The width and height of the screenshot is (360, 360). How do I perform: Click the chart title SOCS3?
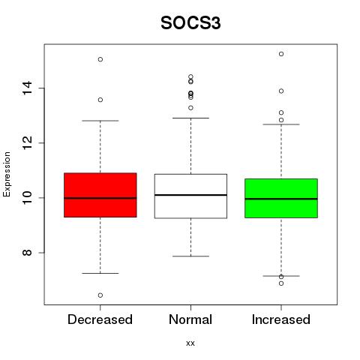(x=190, y=23)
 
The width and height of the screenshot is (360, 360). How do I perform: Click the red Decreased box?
(x=100, y=195)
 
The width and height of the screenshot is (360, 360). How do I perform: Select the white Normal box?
(x=190, y=196)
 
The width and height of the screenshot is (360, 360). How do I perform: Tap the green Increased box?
(x=281, y=198)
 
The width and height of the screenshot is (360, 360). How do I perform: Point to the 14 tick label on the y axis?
(x=27, y=88)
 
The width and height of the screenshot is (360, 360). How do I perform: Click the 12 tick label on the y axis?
(x=27, y=142)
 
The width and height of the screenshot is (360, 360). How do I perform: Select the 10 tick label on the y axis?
(x=27, y=197)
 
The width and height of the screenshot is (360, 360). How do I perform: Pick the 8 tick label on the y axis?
(x=27, y=252)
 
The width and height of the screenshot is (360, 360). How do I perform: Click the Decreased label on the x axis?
(x=100, y=319)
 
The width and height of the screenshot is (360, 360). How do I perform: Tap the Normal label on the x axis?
(x=190, y=319)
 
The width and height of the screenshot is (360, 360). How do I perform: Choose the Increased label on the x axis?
(x=281, y=319)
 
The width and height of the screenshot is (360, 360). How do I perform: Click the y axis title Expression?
(x=7, y=174)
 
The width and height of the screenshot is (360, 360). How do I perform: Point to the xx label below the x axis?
(x=190, y=343)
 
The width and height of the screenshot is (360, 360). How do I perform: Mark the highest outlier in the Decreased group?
(x=100, y=59)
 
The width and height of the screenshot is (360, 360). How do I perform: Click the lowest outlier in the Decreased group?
(x=100, y=295)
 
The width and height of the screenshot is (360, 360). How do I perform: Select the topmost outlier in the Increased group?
(x=281, y=54)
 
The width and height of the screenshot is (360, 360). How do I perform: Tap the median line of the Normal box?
(x=190, y=195)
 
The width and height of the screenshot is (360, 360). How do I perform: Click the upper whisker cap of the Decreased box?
(x=100, y=121)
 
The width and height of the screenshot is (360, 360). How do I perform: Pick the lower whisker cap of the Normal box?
(x=190, y=256)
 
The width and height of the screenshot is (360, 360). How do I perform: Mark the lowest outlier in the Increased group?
(x=281, y=283)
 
